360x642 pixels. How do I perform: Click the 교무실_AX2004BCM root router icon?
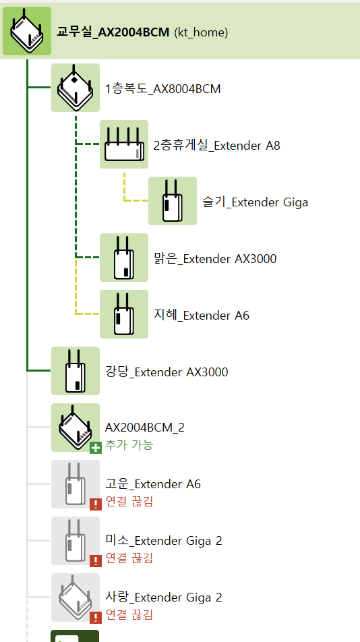[27, 31]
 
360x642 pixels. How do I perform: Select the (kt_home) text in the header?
[201, 32]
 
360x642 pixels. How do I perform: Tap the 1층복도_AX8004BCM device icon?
[76, 88]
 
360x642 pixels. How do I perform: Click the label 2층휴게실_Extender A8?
[217, 146]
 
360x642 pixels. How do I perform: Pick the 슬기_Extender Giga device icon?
[172, 201]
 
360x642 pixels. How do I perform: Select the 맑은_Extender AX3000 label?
[215, 259]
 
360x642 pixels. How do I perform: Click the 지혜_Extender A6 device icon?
[124, 314]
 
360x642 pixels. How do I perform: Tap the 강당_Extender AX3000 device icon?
[76, 371]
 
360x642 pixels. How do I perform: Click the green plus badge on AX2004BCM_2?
[95, 448]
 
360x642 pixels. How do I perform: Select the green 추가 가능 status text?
[129, 445]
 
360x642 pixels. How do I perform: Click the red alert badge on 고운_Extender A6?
[95, 504]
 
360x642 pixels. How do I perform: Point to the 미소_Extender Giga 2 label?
[164, 541]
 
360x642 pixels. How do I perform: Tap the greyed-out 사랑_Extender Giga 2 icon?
[76, 597]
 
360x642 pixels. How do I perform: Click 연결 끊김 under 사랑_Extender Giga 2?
[129, 614]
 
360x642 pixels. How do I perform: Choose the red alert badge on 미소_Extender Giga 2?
[95, 561]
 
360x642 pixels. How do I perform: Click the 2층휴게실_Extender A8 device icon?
[124, 144]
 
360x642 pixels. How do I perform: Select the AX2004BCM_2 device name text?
[145, 428]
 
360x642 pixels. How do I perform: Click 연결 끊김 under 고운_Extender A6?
[129, 502]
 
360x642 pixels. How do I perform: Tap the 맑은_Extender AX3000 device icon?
[124, 258]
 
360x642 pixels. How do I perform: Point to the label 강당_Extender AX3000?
[167, 372]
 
